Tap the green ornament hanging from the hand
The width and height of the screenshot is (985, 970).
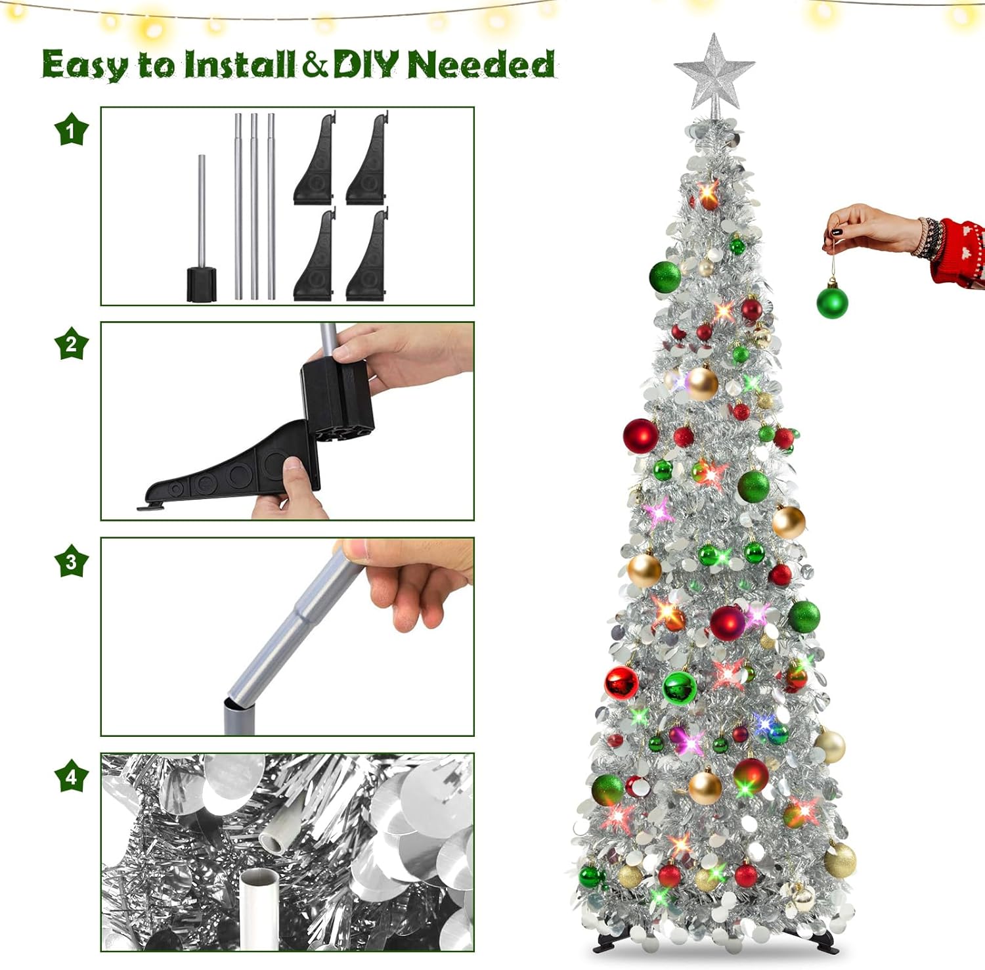832,301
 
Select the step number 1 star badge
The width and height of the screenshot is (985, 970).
71,129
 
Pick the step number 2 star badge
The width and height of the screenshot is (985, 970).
71,343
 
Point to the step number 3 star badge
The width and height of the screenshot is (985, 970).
71,561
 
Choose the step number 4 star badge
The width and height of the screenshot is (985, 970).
71,776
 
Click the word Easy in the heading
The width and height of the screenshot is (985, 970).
85,65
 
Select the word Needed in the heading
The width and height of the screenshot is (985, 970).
481,64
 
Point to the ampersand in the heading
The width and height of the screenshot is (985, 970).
315,64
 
